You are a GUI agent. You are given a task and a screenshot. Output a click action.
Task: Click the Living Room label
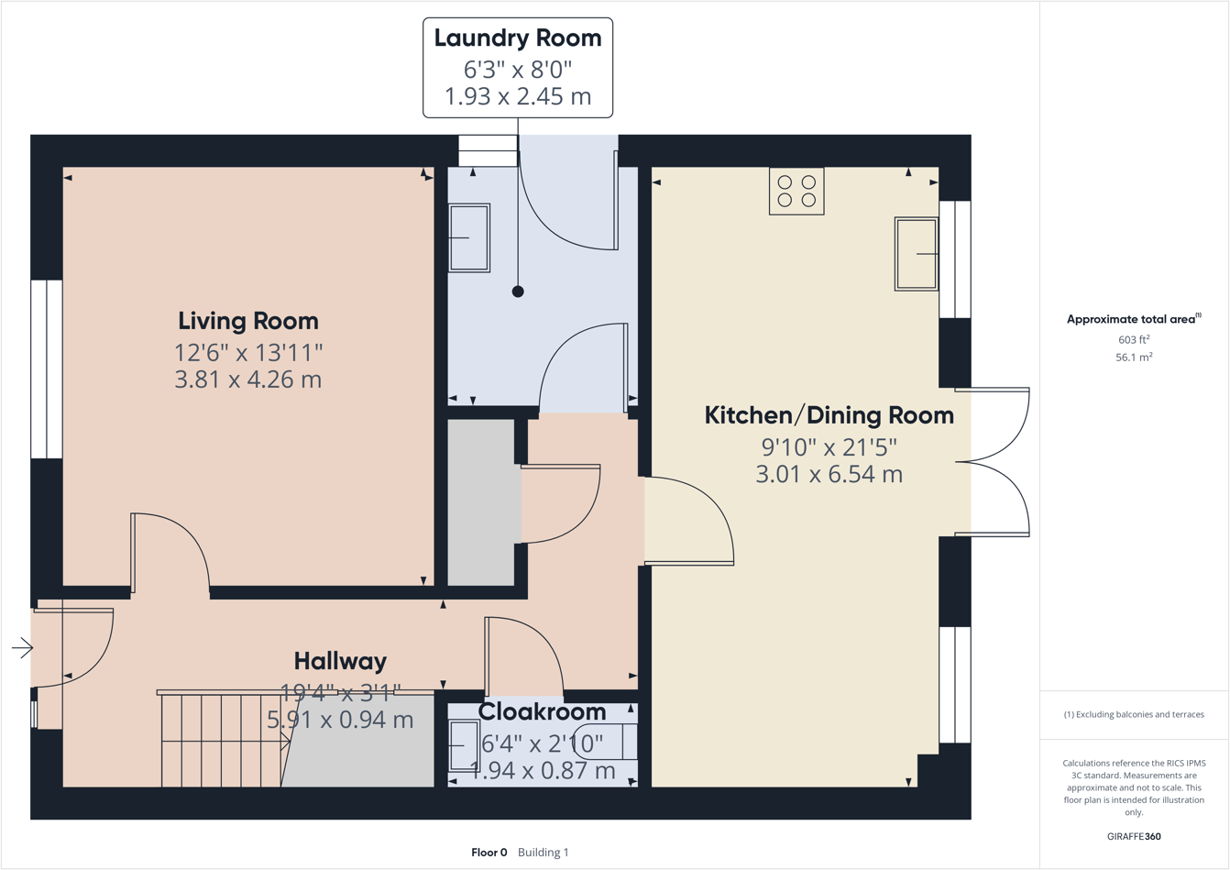(248, 321)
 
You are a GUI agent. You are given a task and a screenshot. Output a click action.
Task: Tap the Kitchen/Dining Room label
(829, 415)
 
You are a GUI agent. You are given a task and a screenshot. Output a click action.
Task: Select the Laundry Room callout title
(518, 39)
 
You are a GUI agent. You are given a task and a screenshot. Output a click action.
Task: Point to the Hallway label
(340, 661)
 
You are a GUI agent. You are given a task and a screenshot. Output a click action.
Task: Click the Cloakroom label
(542, 711)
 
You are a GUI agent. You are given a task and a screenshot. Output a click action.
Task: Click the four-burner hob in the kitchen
(796, 192)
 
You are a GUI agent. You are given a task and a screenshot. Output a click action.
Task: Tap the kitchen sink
(916, 254)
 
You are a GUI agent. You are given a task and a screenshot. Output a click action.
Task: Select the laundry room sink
(469, 238)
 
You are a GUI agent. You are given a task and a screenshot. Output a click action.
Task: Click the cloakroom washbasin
(464, 745)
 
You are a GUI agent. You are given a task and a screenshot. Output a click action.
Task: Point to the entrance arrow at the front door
(22, 649)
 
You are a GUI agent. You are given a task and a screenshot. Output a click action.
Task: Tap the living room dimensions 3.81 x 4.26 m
(248, 380)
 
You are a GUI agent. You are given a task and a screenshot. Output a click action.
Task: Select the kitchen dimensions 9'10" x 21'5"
(829, 447)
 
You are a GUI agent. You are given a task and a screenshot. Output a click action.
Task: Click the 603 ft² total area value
(1134, 340)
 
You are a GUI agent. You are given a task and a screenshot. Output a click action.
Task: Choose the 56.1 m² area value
(1134, 358)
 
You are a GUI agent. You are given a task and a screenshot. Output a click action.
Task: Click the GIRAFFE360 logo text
(1134, 836)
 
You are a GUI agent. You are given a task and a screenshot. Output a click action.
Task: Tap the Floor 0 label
(489, 853)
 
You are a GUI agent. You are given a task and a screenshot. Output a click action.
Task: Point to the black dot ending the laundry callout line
(518, 292)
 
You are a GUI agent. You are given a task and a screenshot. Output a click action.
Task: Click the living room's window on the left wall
(47, 369)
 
